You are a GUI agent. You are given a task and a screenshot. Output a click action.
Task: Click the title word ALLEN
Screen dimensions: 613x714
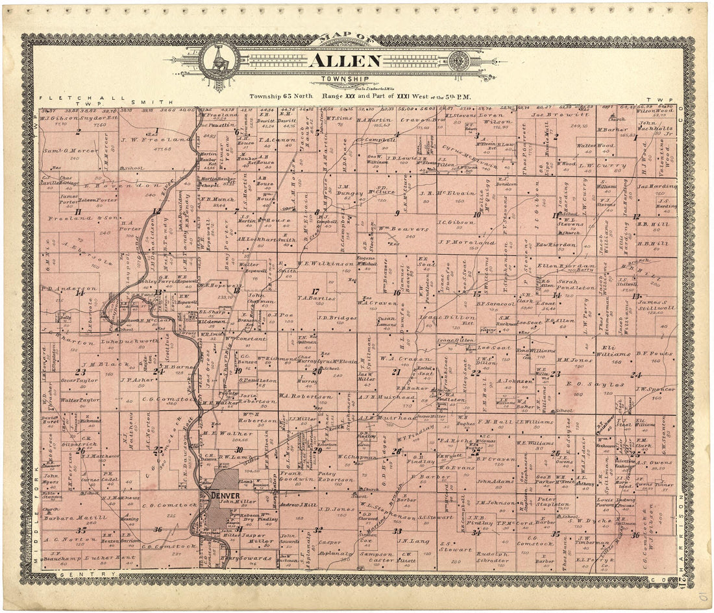point(344,60)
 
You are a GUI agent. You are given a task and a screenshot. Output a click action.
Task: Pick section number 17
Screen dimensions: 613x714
point(315,291)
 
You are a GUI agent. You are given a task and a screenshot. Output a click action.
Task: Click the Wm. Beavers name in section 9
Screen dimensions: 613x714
point(393,230)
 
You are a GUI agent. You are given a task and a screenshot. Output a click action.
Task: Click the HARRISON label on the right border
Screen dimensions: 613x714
point(682,532)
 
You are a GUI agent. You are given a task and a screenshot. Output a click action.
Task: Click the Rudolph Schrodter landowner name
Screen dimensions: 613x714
point(497,558)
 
